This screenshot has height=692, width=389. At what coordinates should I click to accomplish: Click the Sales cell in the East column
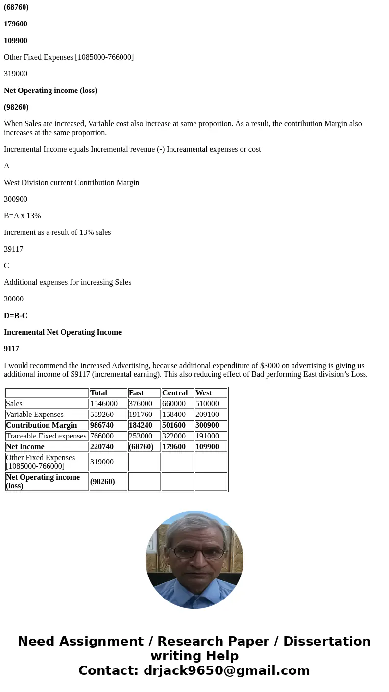pyautogui.click(x=141, y=404)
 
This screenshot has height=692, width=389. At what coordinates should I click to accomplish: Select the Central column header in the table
pyautogui.click(x=175, y=393)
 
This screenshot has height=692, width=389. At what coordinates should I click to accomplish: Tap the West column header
pyautogui.click(x=204, y=393)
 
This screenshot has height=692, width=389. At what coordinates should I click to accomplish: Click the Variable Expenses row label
pyautogui.click(x=35, y=415)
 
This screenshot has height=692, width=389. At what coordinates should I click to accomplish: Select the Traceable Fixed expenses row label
pyautogui.click(x=46, y=436)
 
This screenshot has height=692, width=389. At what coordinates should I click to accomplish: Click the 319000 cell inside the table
pyautogui.click(x=102, y=461)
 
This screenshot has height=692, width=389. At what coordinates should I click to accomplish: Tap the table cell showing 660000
pyautogui.click(x=174, y=404)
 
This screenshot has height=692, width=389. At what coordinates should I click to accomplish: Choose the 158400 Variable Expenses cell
pyautogui.click(x=174, y=415)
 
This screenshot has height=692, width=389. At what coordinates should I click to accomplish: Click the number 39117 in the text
pyautogui.click(x=14, y=249)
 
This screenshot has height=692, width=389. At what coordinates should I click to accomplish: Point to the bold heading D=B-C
pyautogui.click(x=16, y=316)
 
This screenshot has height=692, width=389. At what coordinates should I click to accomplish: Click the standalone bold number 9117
pyautogui.click(x=12, y=349)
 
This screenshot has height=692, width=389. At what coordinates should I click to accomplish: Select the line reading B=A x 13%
pyautogui.click(x=23, y=216)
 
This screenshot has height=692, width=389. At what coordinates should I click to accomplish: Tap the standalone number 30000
pyautogui.click(x=14, y=299)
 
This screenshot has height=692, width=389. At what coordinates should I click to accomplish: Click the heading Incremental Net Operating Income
pyautogui.click(x=63, y=332)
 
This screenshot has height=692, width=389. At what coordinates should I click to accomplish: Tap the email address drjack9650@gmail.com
pyautogui.click(x=226, y=670)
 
